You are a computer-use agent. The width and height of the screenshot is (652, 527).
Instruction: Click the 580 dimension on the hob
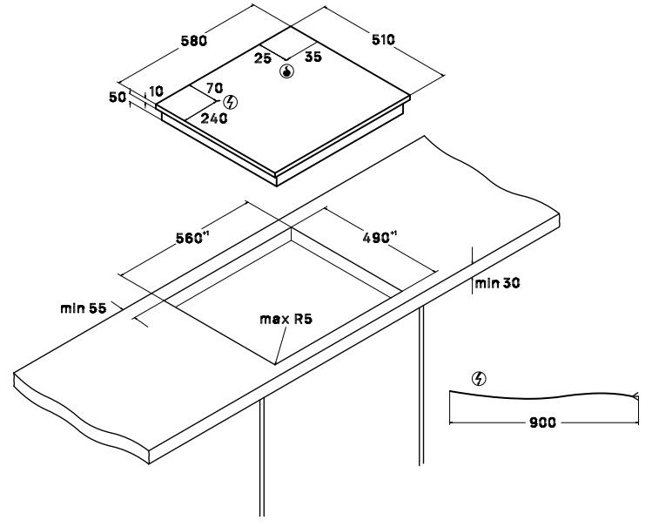coord(194,41)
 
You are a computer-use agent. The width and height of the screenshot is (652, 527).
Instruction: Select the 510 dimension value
coord(382,40)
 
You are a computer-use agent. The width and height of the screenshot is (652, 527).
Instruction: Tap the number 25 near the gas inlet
coord(262,58)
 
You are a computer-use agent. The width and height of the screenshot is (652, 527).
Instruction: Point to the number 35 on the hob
coord(313,57)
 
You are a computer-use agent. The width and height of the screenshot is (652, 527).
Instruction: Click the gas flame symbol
coord(287,71)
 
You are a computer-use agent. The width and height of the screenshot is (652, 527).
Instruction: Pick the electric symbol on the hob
coord(231,102)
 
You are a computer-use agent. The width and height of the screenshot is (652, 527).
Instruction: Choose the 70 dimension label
coord(214,88)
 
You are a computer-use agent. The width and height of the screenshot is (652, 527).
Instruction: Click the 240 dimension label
coord(214,118)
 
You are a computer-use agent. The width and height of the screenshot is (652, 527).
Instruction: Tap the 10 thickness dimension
coord(156,91)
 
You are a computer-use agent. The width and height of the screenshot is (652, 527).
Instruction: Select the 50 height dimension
coord(118,98)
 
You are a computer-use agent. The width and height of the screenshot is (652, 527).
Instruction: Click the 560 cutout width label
coord(192,238)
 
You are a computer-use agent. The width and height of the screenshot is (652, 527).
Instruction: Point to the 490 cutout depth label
coord(380,238)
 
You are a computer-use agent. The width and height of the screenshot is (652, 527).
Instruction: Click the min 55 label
coord(84,308)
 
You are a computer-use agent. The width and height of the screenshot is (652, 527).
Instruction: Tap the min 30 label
coord(497,283)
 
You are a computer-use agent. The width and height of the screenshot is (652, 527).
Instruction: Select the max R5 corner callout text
coord(286,320)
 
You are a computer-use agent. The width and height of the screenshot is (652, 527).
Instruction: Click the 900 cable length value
coord(542,422)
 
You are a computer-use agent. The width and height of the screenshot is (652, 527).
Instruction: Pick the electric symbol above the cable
coord(480,379)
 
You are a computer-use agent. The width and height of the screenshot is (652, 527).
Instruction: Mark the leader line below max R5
coord(280,345)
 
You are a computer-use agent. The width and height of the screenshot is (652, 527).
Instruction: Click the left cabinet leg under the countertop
coord(262,457)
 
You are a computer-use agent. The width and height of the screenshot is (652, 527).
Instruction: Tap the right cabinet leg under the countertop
coord(421,386)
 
